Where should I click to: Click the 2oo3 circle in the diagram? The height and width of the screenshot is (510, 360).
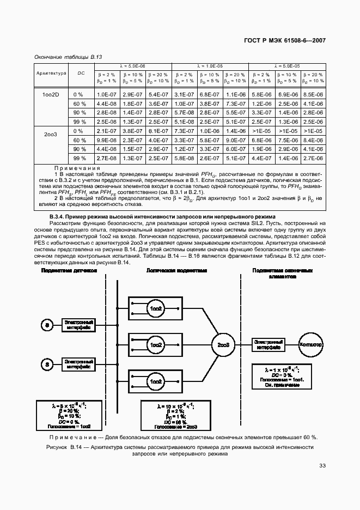pos(223,345)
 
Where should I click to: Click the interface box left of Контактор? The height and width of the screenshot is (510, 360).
pos(267,345)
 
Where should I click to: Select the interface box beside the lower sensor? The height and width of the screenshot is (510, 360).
pos(77,363)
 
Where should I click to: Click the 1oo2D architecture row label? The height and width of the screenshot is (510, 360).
pos(51,94)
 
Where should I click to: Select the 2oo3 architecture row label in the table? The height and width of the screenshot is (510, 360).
pos(51,131)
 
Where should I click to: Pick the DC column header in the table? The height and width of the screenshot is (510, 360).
pos(81,72)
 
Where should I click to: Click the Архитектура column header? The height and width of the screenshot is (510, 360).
pos(51,72)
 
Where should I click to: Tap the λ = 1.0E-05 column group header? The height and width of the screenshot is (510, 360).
pos(210,65)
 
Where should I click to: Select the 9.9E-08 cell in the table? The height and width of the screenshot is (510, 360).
pos(107,140)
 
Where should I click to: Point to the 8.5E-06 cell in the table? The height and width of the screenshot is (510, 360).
pos(313,94)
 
